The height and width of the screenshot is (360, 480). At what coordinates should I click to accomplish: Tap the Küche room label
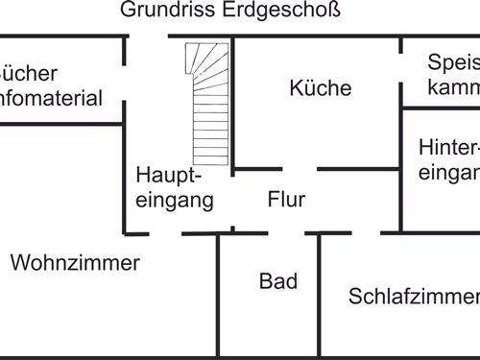pos(321,88)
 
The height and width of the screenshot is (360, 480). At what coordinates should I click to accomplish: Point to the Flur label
pos(286,201)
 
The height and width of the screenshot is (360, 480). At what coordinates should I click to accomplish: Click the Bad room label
pos(278,282)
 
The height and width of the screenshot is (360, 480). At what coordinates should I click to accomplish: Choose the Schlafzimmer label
pos(413,296)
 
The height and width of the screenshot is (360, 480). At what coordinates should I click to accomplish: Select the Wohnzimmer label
pos(75,263)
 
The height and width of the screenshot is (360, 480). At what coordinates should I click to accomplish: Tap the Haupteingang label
pos(174,188)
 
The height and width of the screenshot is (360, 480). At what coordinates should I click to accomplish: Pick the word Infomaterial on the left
pos(52,98)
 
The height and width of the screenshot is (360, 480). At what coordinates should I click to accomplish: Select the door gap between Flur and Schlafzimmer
pos(366,232)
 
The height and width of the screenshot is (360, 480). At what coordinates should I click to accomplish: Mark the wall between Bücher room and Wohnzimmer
pos(58,123)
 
